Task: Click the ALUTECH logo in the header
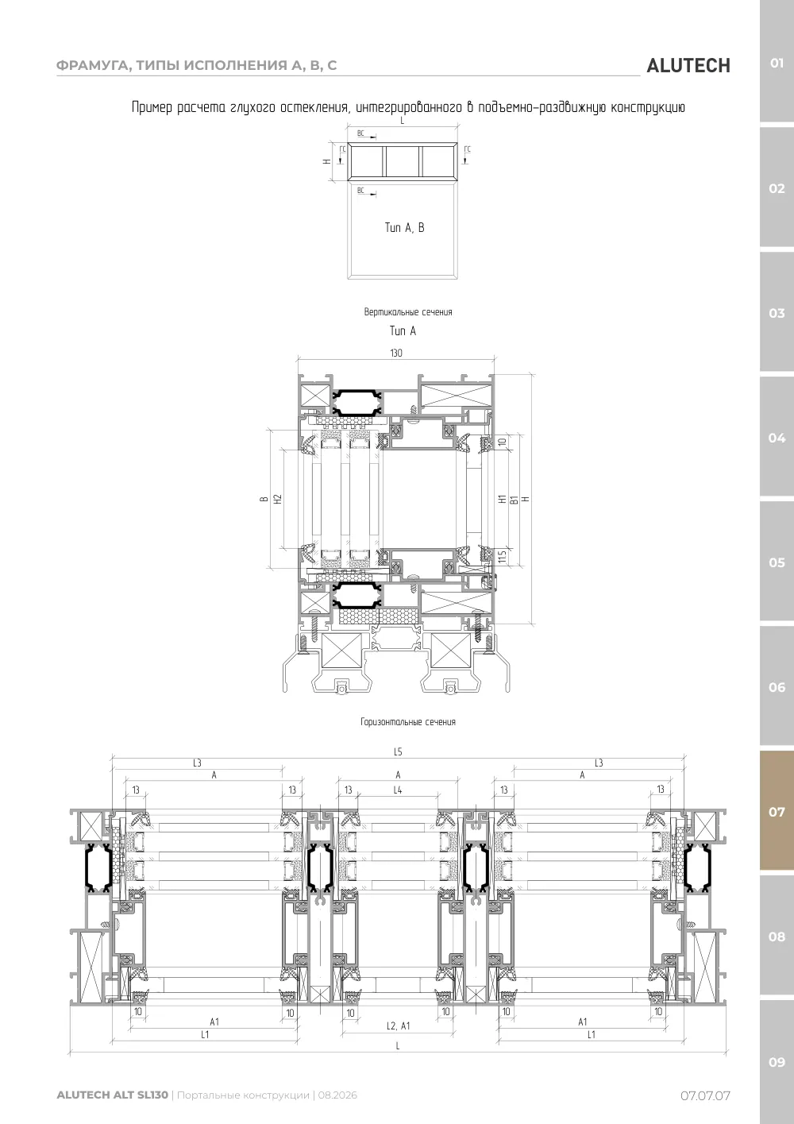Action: point(688,66)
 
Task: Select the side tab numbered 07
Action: point(777,811)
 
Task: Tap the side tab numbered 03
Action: point(777,313)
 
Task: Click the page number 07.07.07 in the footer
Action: point(705,1095)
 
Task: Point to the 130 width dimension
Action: point(396,353)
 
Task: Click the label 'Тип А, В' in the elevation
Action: point(404,228)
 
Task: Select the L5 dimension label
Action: point(398,751)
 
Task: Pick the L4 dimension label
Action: point(398,790)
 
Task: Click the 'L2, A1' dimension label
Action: point(399,1026)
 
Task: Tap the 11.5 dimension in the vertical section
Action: point(503,556)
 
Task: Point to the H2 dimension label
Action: point(278,500)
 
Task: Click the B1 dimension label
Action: point(514,500)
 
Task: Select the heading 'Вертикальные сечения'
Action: point(408,312)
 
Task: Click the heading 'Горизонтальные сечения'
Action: point(408,722)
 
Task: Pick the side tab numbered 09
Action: point(777,1062)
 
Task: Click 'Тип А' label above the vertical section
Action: point(403,331)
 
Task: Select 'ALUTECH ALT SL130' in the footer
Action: point(113,1095)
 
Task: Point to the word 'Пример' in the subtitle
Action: point(152,107)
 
